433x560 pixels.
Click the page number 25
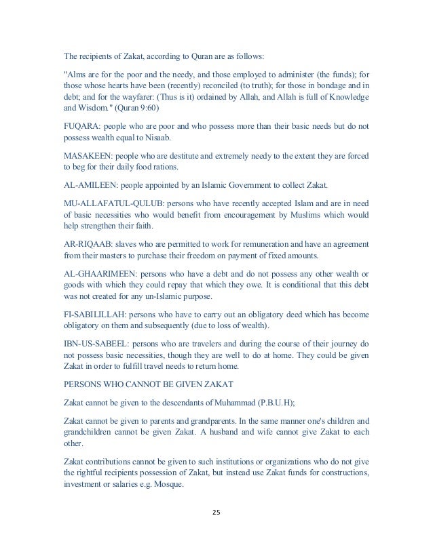click(216, 513)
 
